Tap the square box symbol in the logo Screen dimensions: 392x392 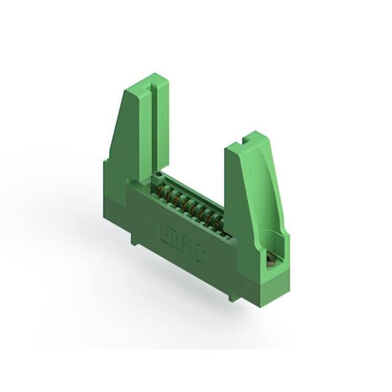(166, 232)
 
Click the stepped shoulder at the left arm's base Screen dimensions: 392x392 (105, 164)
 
